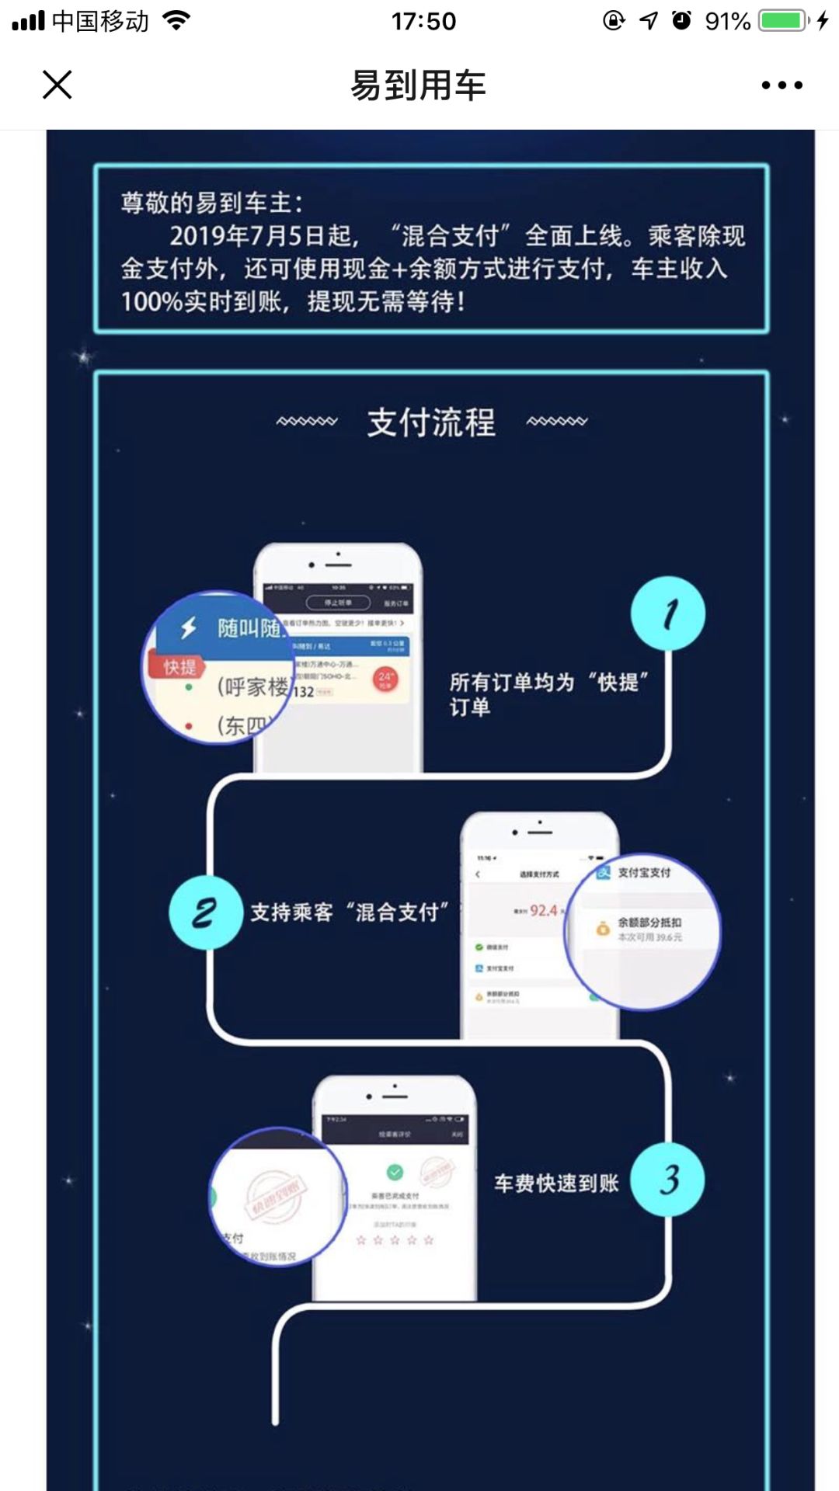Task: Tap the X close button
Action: pos(57,85)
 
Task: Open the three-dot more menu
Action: pos(782,85)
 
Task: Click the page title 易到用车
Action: pos(418,85)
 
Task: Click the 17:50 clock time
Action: pos(423,21)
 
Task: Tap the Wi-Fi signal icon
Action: pos(177,21)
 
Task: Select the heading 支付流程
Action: pos(431,422)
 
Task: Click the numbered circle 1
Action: pos(668,613)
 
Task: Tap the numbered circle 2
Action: pos(205,912)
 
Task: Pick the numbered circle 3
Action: pos(668,1180)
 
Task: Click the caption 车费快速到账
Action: pos(556,1183)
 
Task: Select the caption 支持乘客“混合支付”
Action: pos(350,912)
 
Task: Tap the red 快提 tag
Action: pos(179,667)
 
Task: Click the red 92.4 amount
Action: pos(544,910)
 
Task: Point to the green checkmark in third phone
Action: pos(395,1171)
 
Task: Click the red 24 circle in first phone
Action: pos(386,678)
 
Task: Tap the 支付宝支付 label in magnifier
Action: pos(644,872)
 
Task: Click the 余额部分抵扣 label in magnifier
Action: pos(649,923)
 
